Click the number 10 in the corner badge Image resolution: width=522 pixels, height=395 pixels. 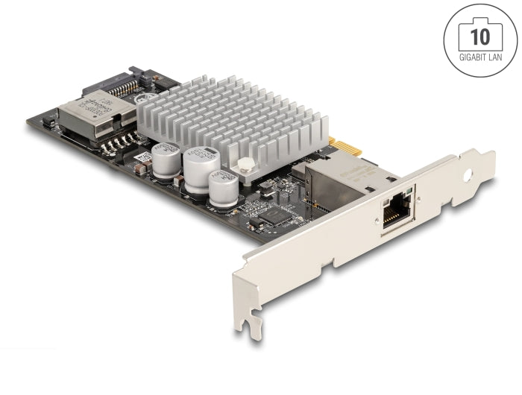480,35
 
